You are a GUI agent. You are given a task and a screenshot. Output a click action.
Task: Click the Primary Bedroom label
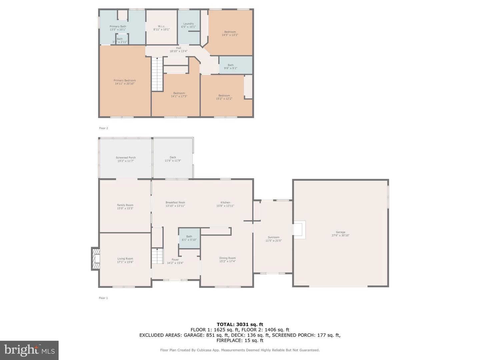125,80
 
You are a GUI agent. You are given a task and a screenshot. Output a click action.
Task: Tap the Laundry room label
188,24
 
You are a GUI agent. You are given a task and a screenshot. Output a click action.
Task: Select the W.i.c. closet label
161,26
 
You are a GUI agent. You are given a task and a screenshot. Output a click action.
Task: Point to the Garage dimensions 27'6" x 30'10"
340,235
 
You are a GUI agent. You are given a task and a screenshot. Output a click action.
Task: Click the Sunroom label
273,237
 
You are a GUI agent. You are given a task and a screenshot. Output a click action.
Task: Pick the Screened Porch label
126,158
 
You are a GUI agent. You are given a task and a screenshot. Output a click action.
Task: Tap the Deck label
173,157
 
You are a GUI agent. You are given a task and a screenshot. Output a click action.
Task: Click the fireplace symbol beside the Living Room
95,259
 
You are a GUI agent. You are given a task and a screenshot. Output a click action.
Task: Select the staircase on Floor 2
157,74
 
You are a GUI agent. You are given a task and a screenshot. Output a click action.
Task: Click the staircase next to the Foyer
157,256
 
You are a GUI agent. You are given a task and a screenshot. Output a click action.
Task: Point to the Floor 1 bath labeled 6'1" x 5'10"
189,238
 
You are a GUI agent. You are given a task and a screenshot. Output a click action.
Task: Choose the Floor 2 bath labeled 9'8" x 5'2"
231,67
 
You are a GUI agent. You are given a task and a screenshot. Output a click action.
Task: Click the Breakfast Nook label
175,203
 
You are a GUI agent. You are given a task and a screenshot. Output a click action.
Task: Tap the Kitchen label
225,203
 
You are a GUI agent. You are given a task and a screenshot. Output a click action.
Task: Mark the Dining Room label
227,258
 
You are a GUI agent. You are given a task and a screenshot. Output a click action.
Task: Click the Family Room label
125,205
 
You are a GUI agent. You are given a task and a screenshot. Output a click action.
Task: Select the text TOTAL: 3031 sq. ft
240,324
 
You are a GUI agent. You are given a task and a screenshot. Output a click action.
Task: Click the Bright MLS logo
29,350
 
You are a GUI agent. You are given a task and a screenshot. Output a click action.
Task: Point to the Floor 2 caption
103,128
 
